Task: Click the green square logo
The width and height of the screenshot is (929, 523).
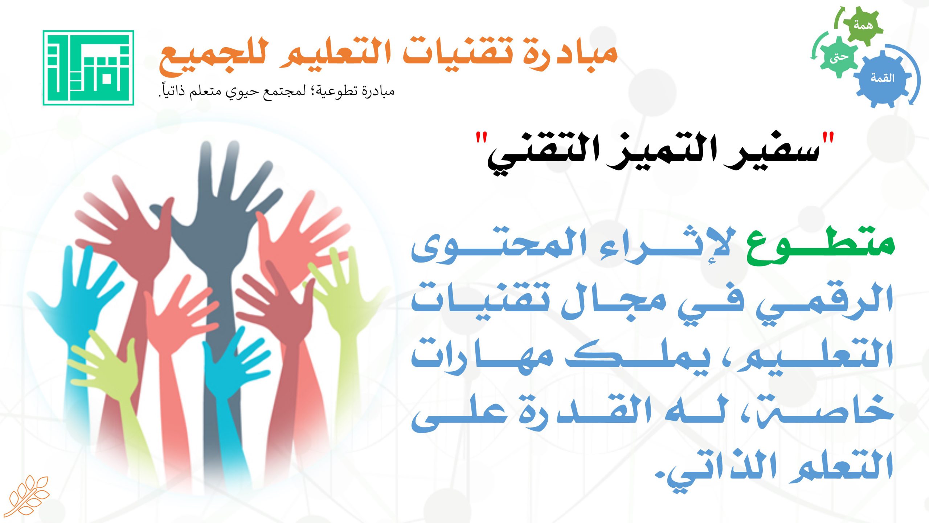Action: (x=89, y=68)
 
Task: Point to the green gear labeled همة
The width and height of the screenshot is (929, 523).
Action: (x=863, y=25)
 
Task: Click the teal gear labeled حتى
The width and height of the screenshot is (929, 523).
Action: (x=839, y=57)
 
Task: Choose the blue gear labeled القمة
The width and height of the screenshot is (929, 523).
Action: (x=883, y=78)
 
